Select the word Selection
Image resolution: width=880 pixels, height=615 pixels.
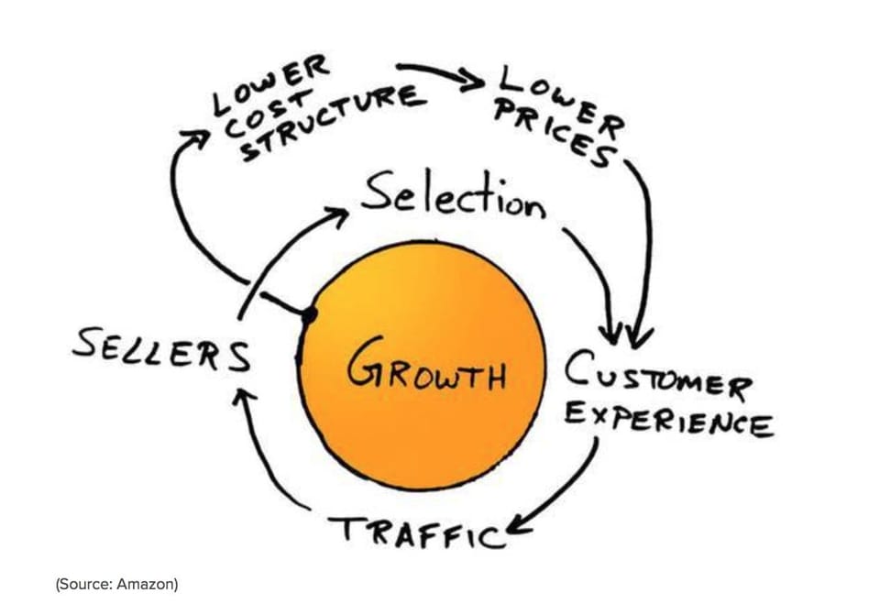click(452, 194)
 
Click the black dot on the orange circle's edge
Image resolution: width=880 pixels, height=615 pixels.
click(309, 315)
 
